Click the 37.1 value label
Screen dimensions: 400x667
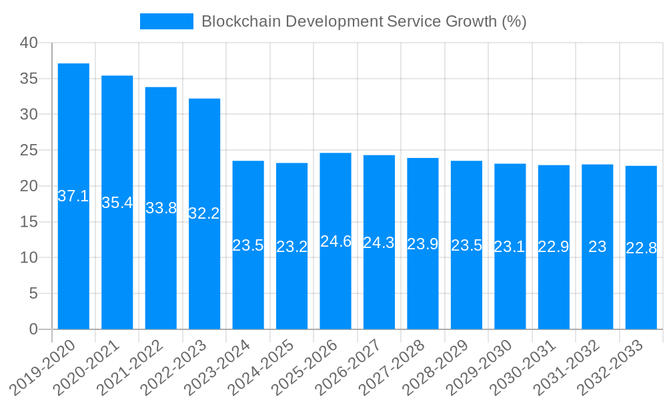73,196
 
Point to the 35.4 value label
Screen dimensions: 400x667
117,203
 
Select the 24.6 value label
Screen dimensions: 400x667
336,241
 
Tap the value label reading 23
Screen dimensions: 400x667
598,247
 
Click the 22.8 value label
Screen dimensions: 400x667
641,248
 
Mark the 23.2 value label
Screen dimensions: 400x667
292,247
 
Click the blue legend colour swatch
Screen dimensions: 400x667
166,21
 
